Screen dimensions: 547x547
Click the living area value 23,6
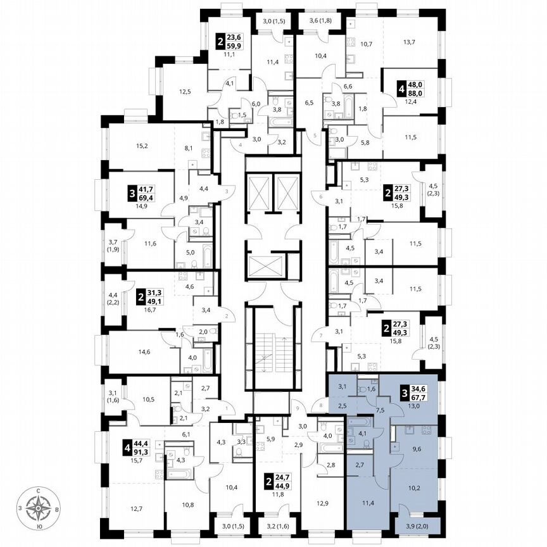click(x=236, y=37)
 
